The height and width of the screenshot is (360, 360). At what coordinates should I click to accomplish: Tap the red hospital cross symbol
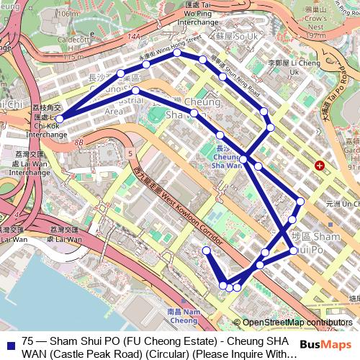point(319,166)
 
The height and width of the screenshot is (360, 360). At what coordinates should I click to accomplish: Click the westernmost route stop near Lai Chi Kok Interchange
point(60,119)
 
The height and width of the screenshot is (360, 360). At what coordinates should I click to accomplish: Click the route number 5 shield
point(129,153)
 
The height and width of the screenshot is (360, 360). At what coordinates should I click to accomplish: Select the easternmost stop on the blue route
point(300,202)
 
